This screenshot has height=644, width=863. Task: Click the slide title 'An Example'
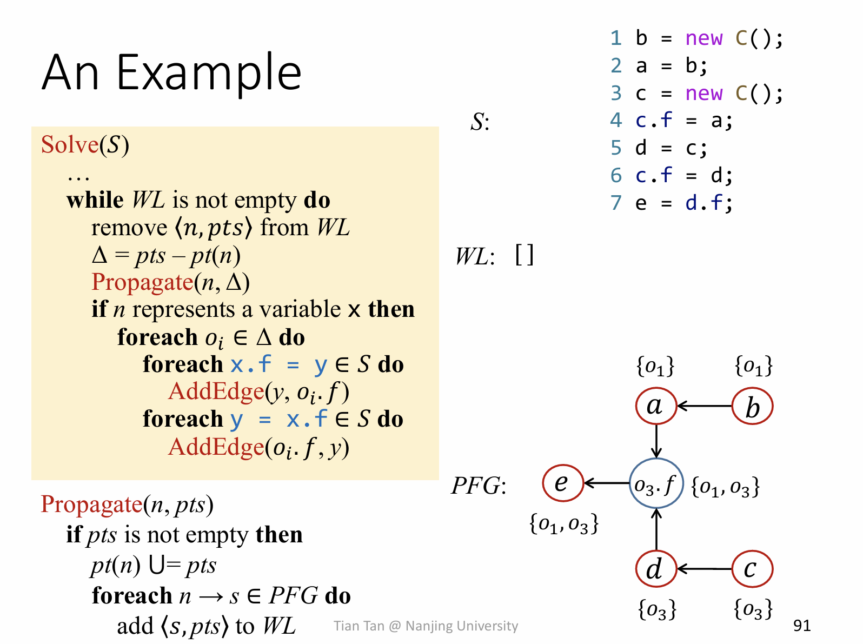[x=171, y=72]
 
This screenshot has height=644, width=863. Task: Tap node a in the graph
[x=656, y=406]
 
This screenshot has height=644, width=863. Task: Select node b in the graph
[x=752, y=406]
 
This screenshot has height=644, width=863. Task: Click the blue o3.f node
[x=656, y=483]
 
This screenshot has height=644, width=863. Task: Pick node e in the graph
[x=563, y=483]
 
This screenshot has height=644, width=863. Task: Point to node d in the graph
[x=656, y=569]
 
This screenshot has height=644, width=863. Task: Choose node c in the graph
[x=752, y=569]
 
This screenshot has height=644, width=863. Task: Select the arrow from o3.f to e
[x=607, y=483]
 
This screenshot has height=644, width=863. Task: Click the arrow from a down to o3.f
[x=656, y=441]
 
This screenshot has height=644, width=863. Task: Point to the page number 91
[x=801, y=626]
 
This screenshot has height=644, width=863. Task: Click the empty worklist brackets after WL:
[x=524, y=255]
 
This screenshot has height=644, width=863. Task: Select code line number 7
[x=616, y=203]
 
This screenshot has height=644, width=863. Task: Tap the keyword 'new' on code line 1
[x=703, y=38]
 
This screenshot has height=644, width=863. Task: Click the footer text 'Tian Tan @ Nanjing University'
[x=426, y=626]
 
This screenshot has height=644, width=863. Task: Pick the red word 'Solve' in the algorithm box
[x=70, y=145]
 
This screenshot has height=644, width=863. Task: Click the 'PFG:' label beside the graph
[x=479, y=486]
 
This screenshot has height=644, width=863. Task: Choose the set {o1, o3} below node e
[x=564, y=523]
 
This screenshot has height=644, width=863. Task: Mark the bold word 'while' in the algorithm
[x=95, y=200]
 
